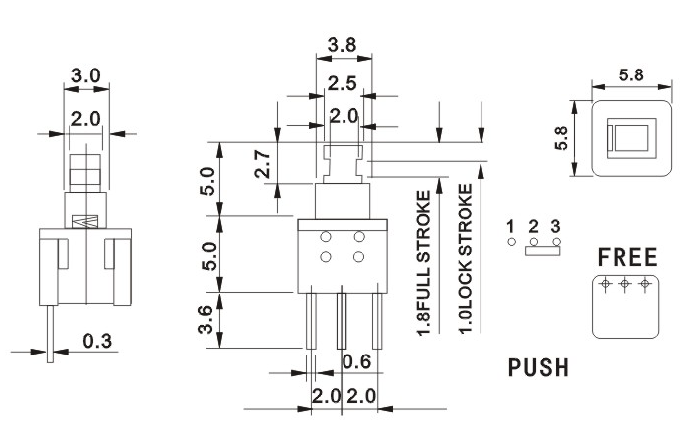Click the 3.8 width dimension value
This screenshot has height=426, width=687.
[x=342, y=45]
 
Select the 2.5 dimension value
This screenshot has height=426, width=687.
[x=343, y=83]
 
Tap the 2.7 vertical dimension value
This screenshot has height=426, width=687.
[x=262, y=164]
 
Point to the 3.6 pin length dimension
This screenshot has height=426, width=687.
[x=206, y=320]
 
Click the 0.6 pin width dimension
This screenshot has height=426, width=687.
[x=356, y=362]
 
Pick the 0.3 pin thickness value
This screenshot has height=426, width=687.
[x=97, y=341]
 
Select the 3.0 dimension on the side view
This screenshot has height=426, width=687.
[x=86, y=75]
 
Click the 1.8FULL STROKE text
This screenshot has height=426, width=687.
[x=424, y=263]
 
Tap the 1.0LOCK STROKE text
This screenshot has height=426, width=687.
[x=466, y=258]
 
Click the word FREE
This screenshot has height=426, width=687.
[x=627, y=257]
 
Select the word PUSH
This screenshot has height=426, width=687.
[x=538, y=367]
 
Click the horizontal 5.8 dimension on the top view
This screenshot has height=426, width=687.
[x=631, y=75]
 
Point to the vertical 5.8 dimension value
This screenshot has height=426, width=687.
[x=561, y=138]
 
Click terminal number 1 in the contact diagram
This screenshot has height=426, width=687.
[x=510, y=227]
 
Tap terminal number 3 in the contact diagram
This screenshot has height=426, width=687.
[x=555, y=227]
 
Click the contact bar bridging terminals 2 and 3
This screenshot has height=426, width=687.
[x=542, y=250]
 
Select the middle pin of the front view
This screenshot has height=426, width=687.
[x=342, y=318]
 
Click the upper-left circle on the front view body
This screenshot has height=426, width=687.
[x=325, y=237]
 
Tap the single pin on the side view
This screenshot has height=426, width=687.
[x=50, y=334]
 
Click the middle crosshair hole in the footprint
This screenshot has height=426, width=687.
[x=625, y=284]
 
